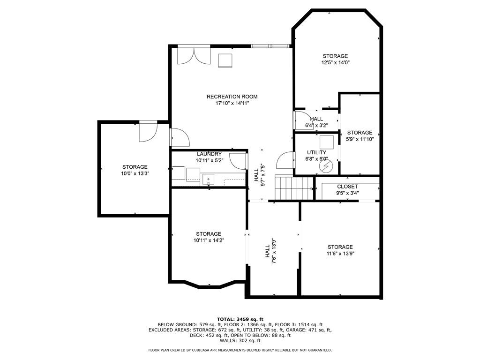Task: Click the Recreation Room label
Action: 232,97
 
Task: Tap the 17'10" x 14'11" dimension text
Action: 232,103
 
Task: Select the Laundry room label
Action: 209,154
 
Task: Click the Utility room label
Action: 316,152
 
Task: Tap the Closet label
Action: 347,187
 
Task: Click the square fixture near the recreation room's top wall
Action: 225,60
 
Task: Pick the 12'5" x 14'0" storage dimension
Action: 335,63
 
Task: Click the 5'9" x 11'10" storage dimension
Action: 360,139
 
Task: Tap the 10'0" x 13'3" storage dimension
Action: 135,173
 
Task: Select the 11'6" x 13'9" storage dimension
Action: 340,254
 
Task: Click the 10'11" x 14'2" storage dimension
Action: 209,240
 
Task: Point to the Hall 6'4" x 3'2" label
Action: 316,122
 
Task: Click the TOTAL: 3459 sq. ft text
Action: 240,319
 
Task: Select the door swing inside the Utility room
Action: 285,161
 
